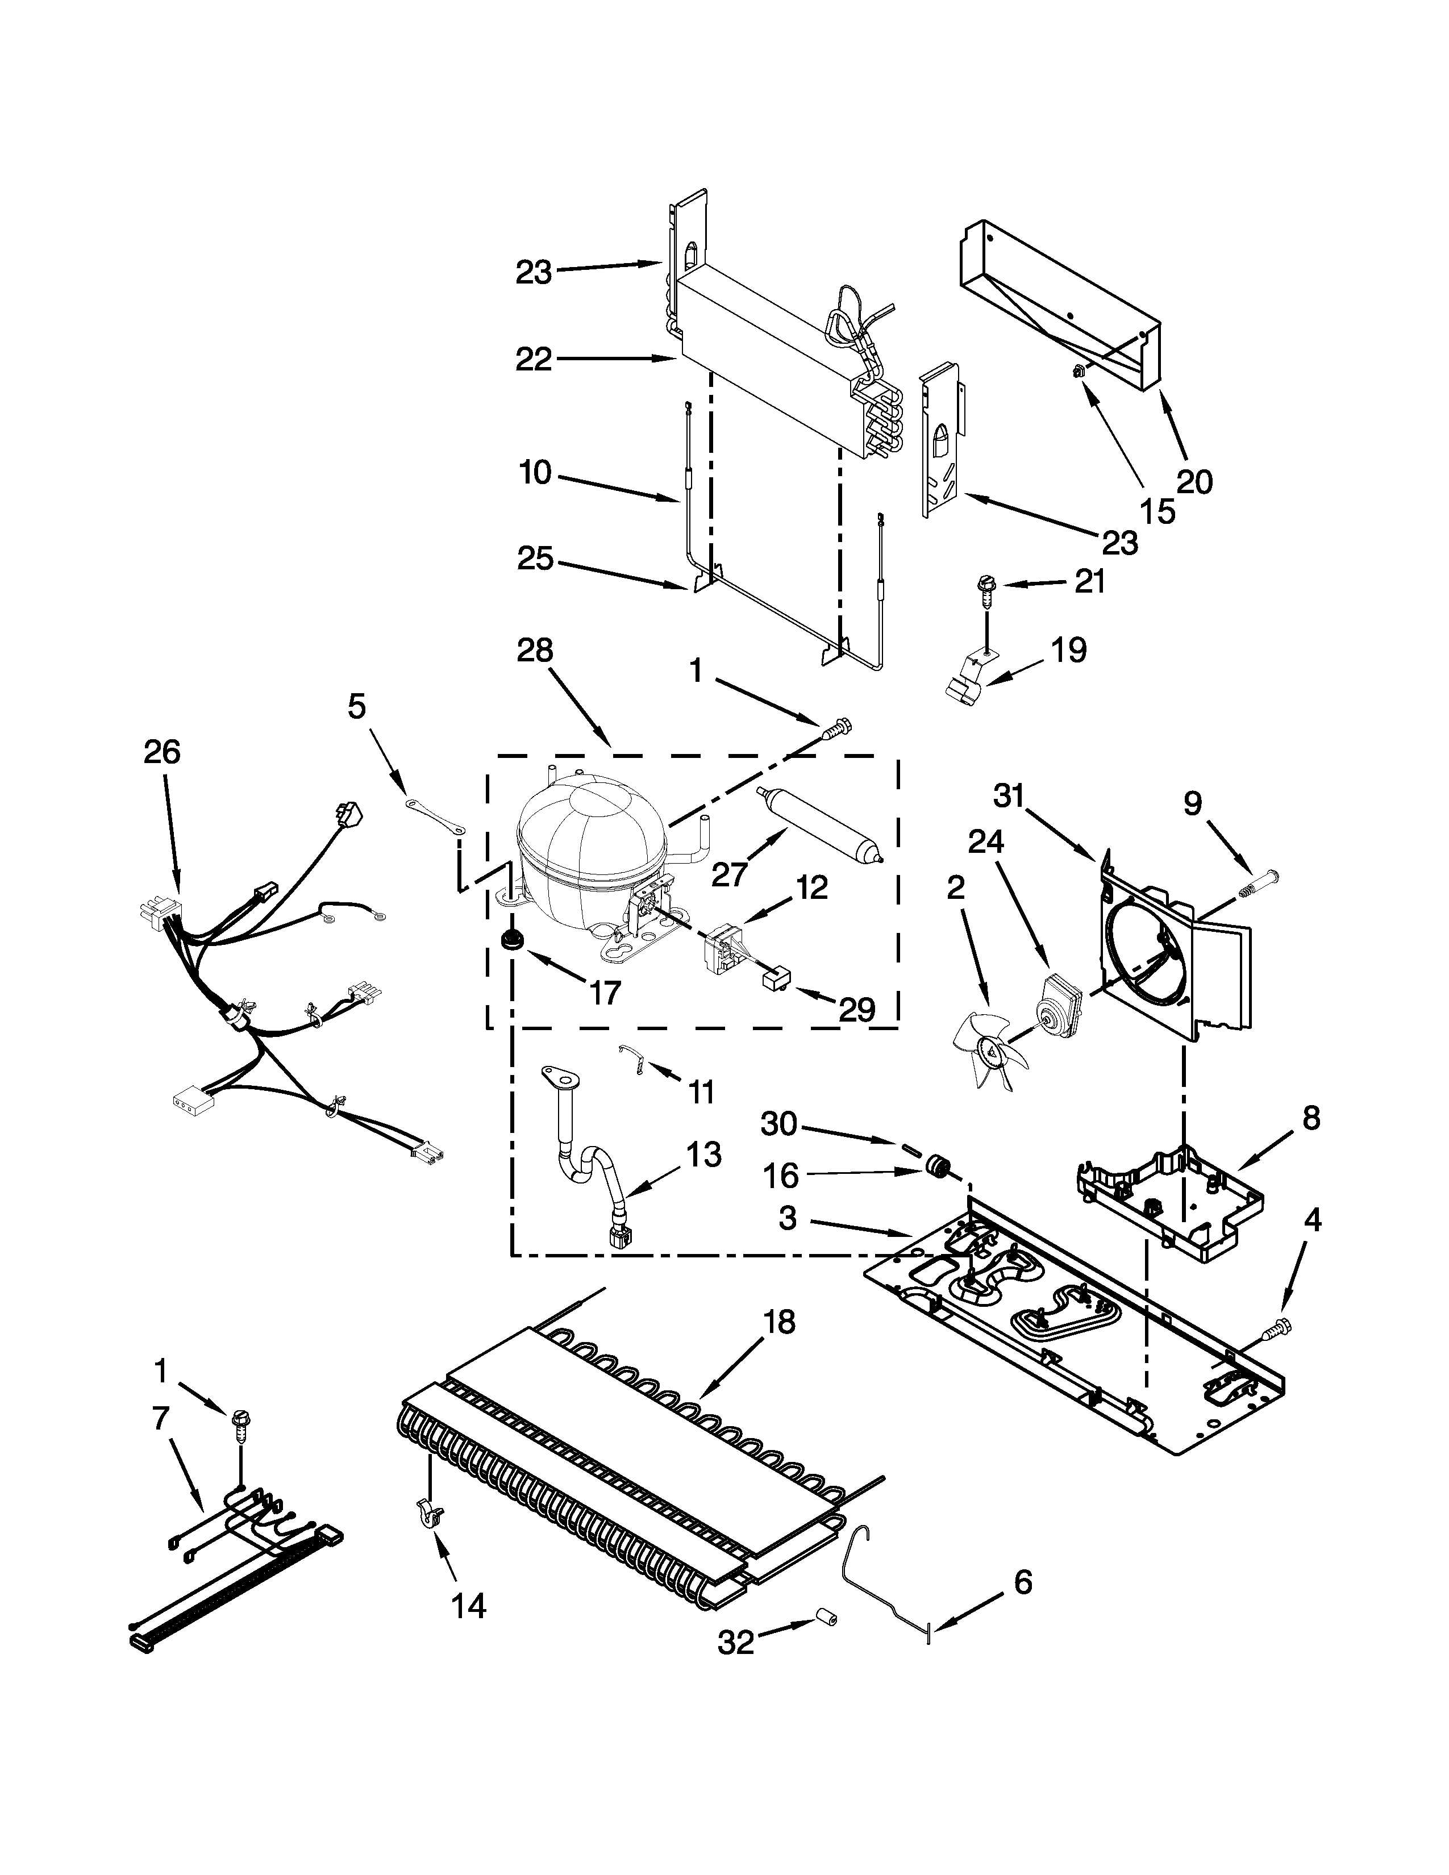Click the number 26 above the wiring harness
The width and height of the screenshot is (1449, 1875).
[x=163, y=752]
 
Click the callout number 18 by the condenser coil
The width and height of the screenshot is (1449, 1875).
[x=778, y=1322]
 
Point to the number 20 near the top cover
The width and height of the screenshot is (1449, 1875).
[x=1194, y=482]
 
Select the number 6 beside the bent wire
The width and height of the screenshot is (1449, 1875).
[x=1023, y=1581]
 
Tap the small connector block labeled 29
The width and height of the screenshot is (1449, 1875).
[x=775, y=977]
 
